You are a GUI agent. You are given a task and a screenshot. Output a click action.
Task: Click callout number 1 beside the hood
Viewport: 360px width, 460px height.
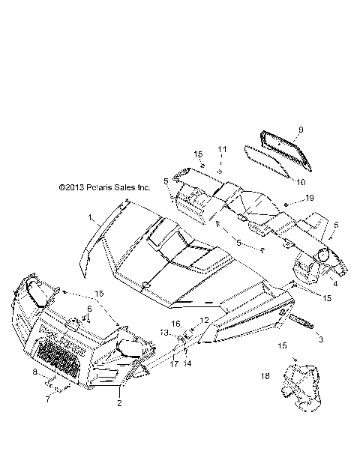click(x=91, y=218)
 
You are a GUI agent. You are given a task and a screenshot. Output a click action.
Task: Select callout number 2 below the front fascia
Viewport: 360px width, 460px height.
click(x=118, y=403)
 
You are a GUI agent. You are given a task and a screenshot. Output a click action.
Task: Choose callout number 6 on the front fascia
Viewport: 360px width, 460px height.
click(x=90, y=308)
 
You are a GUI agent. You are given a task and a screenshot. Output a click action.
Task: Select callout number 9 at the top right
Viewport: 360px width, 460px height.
click(x=279, y=130)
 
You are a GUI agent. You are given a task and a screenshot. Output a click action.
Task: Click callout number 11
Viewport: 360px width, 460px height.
click(x=221, y=150)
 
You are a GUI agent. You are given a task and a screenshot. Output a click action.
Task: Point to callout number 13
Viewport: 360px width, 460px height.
click(x=163, y=332)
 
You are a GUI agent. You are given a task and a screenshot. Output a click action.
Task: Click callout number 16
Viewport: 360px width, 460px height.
click(x=178, y=323)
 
